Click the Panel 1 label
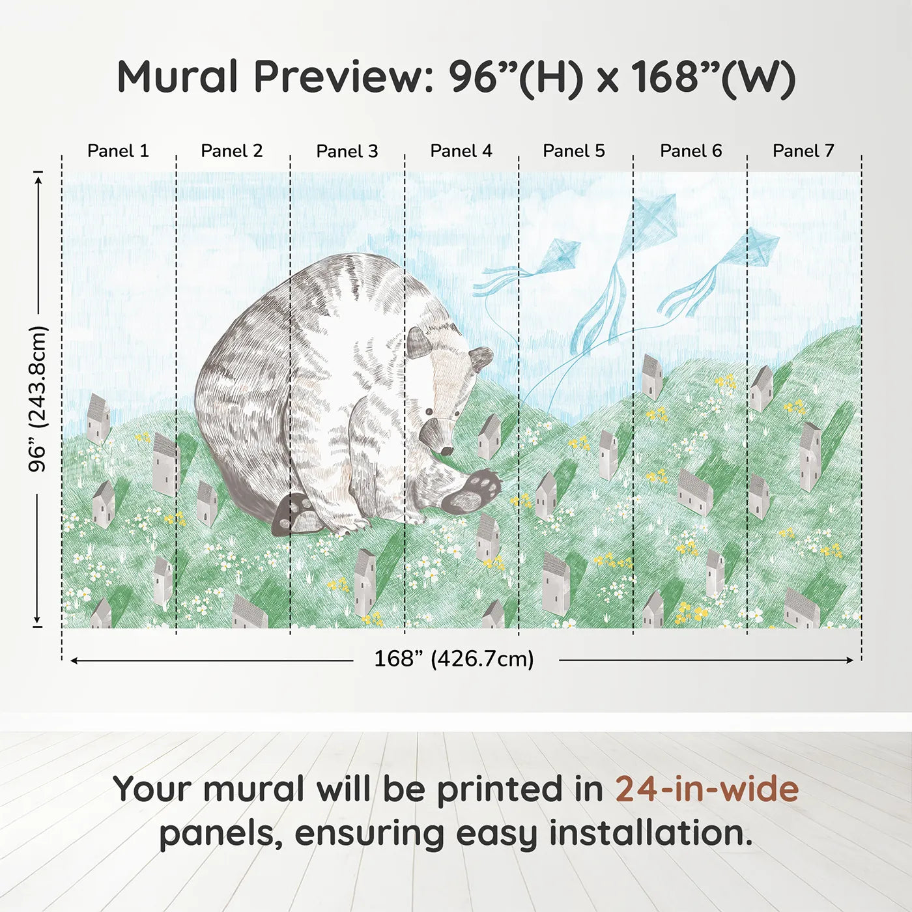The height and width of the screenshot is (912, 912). click(x=118, y=151)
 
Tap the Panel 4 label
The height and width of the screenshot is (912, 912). click(x=461, y=151)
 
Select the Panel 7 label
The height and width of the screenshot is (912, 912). click(x=803, y=151)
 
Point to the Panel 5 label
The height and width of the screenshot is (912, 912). click(x=574, y=151)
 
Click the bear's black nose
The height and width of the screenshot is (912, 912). click(x=446, y=450)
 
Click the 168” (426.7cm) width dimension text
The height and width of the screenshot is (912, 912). click(x=454, y=659)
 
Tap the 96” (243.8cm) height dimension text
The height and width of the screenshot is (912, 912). click(x=38, y=399)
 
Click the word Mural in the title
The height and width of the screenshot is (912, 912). click(x=177, y=77)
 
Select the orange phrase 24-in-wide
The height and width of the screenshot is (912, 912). click(x=707, y=790)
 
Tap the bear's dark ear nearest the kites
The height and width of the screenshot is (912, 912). click(x=481, y=357)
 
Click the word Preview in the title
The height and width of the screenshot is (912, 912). click(x=339, y=77)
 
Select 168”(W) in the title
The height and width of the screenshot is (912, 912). click(x=713, y=77)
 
